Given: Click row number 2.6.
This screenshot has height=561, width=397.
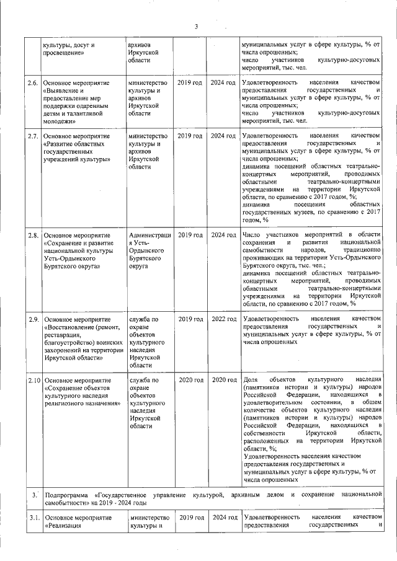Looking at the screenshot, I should pyautogui.click(x=33, y=83).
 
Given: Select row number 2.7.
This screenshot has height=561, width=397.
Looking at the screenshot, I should pyautogui.click(x=33, y=136).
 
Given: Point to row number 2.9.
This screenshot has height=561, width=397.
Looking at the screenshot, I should pyautogui.click(x=33, y=319).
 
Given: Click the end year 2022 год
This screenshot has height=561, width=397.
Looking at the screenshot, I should pyautogui.click(x=223, y=319).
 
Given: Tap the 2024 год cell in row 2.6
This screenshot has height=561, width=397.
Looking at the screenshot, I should pyautogui.click(x=223, y=83).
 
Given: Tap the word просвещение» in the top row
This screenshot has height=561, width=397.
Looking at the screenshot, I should pyautogui.click(x=63, y=53).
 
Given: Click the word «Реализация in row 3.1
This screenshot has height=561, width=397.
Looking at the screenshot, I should pyautogui.click(x=65, y=526).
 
